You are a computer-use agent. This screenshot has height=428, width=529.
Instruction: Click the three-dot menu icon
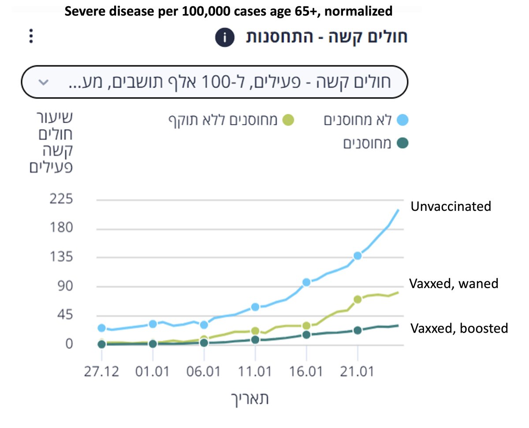coord(30,36)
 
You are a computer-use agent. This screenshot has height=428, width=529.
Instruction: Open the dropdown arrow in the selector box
coord(43,83)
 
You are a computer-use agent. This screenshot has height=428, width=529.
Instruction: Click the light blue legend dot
coord(402,120)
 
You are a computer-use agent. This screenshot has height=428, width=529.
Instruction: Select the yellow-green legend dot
coord(288,120)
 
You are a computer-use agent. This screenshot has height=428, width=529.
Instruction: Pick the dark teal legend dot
coord(402,143)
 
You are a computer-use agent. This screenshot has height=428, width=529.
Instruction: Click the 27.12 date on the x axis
coord(101,372)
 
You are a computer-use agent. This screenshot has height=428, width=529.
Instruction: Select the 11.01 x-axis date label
coord(255,372)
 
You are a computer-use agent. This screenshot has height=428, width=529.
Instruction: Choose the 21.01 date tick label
coord(358,372)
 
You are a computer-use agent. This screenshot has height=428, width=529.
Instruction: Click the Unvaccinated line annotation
coord(451,206)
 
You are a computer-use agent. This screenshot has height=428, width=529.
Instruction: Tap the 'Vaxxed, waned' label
coord(454,283)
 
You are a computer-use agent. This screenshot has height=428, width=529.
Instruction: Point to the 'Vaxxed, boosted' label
coord(459,328)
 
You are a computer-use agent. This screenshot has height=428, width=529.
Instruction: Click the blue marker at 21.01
coord(358,255)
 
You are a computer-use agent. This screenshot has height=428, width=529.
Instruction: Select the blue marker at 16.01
coord(306,282)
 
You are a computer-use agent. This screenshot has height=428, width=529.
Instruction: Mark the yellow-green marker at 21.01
coord(358,299)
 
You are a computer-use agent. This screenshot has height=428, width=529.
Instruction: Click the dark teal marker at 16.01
coord(306,335)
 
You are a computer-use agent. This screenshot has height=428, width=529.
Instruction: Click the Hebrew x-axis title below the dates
coord(250,398)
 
